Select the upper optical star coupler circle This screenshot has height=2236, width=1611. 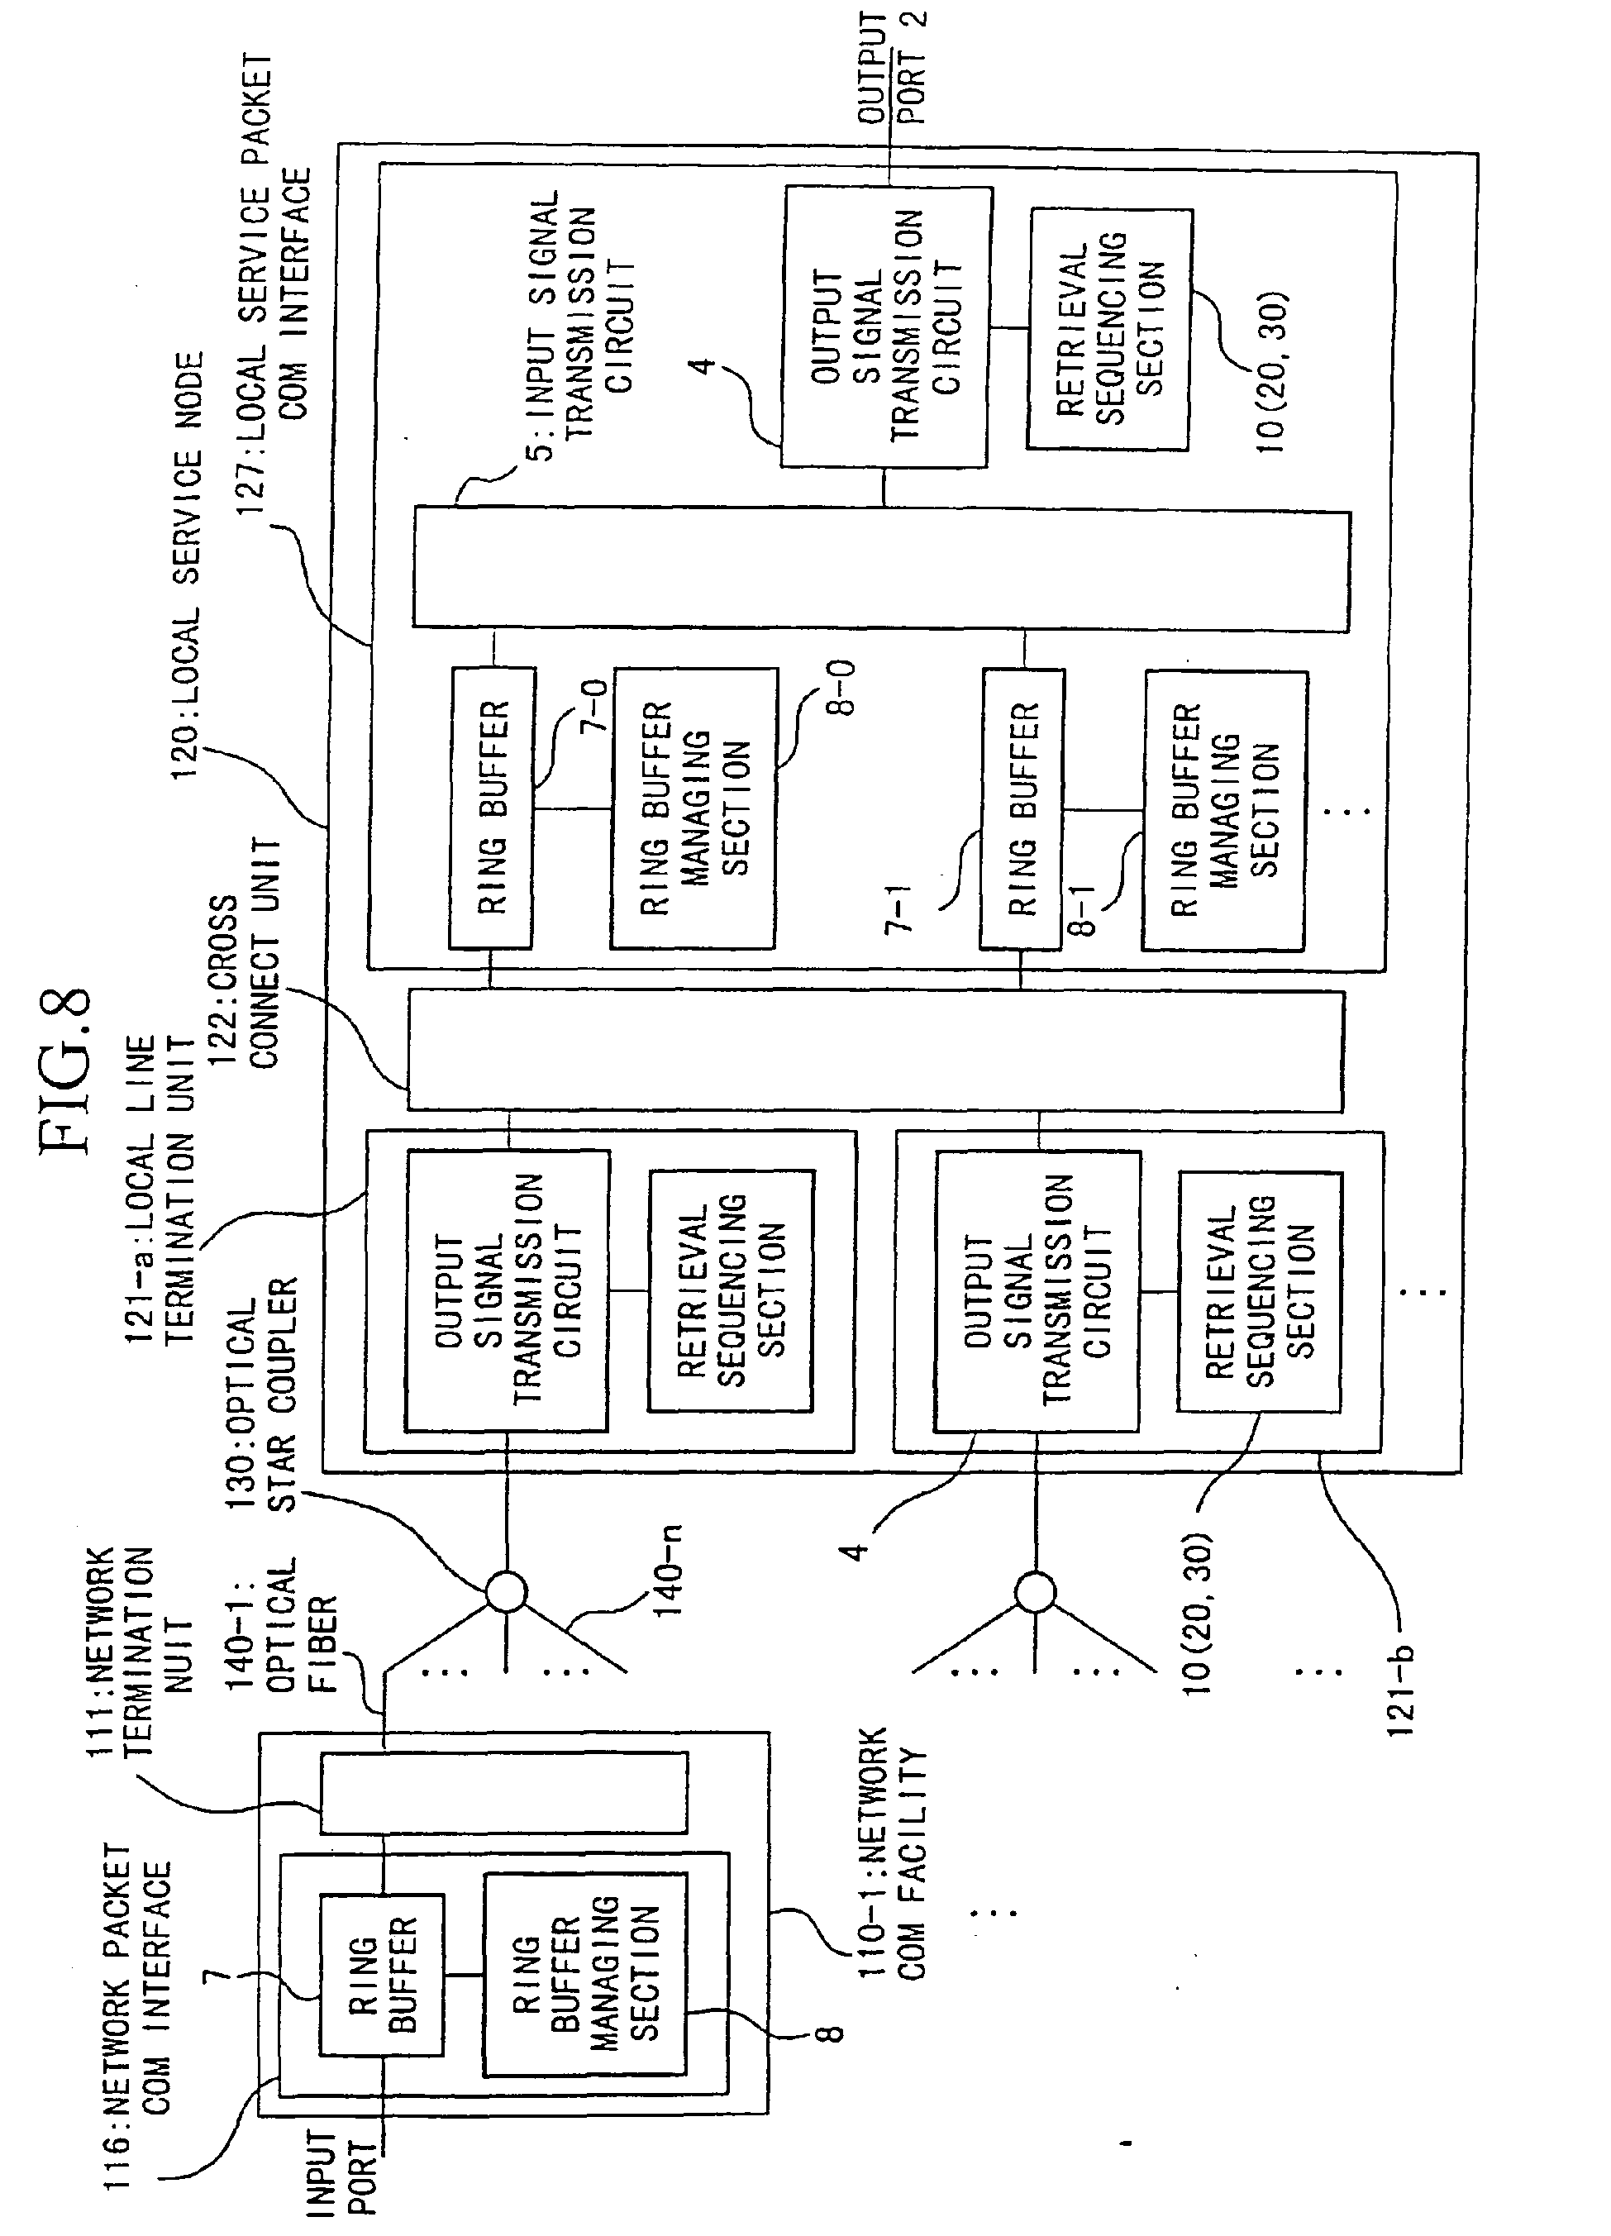(507, 1590)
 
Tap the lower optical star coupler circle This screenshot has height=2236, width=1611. (1035, 1590)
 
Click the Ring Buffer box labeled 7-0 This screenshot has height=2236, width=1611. (492, 808)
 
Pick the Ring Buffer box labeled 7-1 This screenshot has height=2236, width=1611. (1022, 808)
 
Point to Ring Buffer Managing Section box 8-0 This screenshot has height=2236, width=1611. (694, 808)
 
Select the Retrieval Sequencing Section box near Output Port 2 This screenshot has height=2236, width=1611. (1109, 329)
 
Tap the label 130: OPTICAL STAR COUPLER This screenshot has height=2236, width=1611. (261, 1395)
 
